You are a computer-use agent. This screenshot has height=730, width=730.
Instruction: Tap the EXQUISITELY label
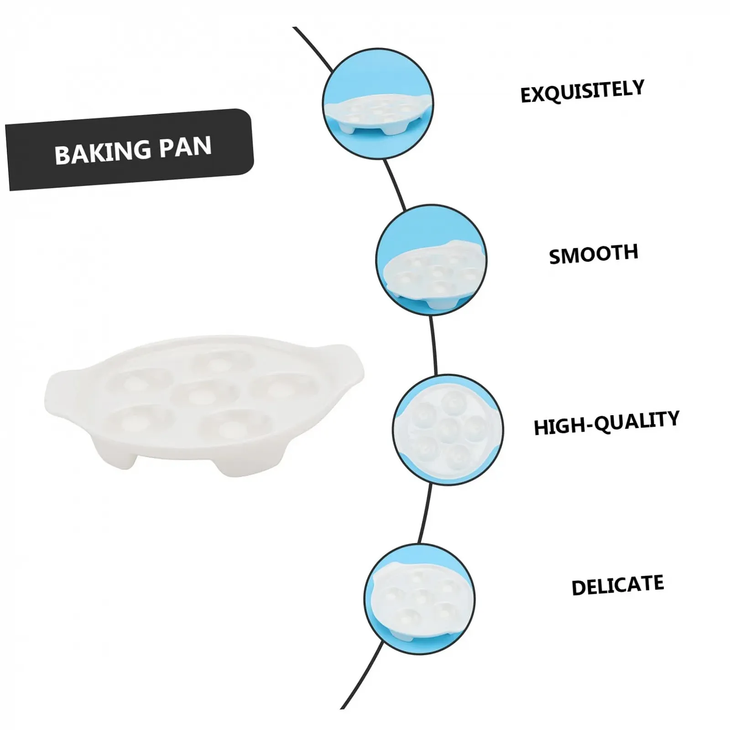point(582,91)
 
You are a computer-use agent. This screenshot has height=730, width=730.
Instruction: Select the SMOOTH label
point(593,254)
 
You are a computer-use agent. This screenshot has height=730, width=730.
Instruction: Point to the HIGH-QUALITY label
point(606,423)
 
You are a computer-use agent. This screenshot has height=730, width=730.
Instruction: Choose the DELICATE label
point(617,585)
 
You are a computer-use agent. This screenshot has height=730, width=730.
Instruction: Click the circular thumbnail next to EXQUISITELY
point(378,104)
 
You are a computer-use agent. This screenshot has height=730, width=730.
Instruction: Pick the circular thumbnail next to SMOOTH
point(431,260)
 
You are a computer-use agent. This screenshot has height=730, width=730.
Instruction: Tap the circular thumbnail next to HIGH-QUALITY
point(448,429)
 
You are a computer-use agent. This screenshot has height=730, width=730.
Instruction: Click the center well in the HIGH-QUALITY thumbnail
point(448,428)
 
